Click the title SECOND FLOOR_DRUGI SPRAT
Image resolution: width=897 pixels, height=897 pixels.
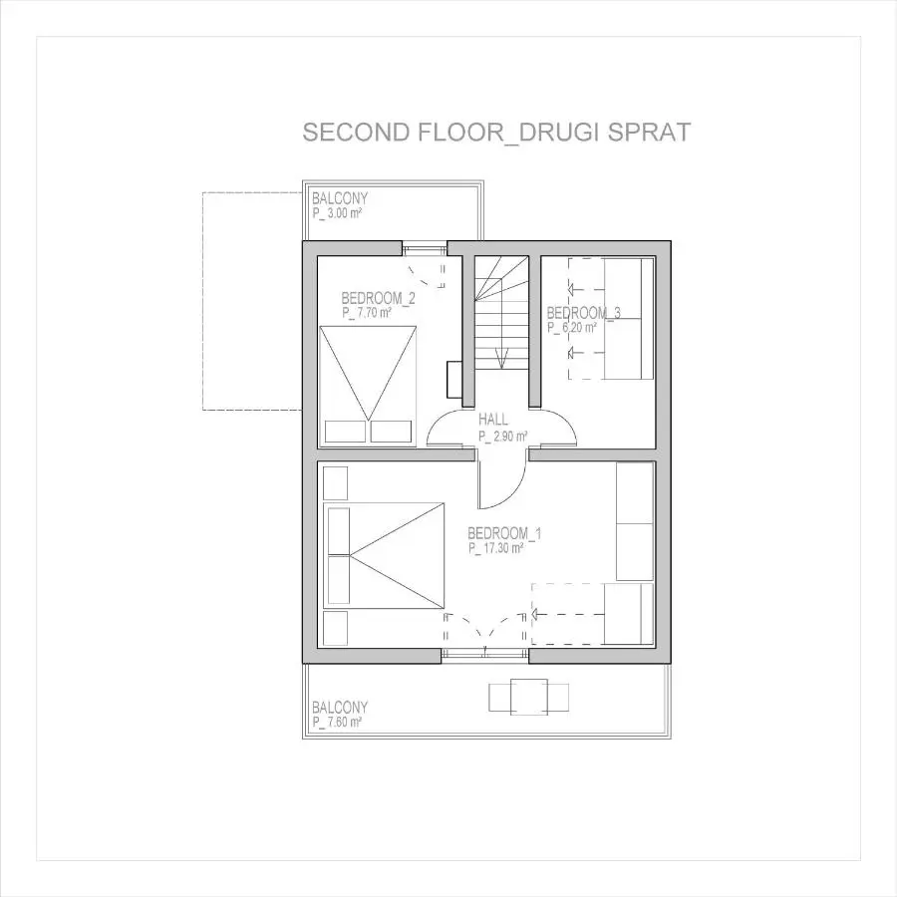496,133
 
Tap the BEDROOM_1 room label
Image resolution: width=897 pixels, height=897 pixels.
504,533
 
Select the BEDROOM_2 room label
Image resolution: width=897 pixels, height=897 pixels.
378,298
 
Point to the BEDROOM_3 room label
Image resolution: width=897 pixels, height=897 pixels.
583,313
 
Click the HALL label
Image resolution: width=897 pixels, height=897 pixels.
493,420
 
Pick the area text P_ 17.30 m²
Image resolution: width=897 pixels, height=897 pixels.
496,548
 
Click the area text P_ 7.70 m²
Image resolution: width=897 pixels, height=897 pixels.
367,313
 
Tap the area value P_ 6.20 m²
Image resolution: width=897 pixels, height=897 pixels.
572,328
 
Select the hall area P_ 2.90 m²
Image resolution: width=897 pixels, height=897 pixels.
503,437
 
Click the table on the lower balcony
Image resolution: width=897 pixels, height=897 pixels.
528,697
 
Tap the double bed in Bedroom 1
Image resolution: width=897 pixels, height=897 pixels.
384,555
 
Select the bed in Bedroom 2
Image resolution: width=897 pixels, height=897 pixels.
368,385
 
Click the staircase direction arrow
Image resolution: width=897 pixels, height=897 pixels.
501,358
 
